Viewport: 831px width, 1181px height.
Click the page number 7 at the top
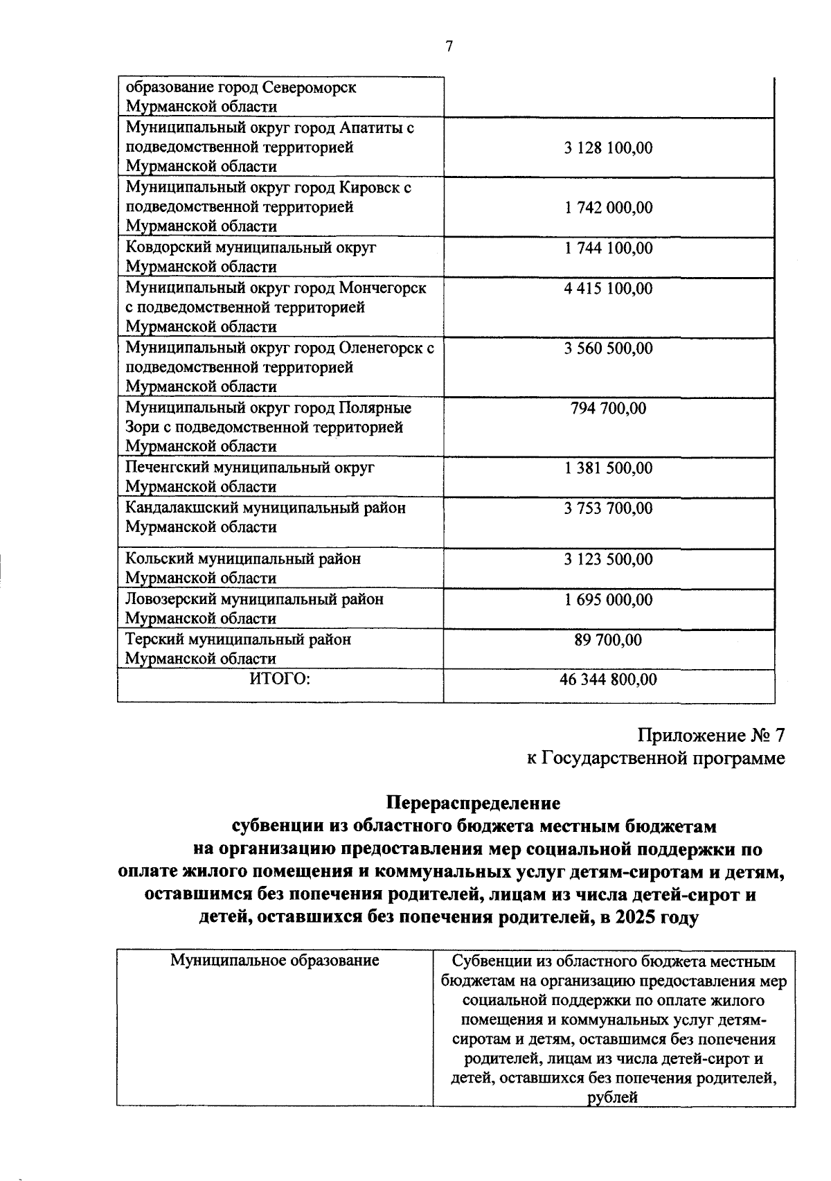pyautogui.click(x=449, y=46)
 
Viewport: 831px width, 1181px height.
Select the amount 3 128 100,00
pyautogui.click(x=608, y=148)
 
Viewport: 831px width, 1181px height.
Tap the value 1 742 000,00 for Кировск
pyautogui.click(x=608, y=208)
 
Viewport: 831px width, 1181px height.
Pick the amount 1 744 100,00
pyautogui.click(x=608, y=248)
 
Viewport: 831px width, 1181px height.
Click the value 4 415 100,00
pyautogui.click(x=608, y=288)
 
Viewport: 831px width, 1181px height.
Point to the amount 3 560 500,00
pyautogui.click(x=608, y=348)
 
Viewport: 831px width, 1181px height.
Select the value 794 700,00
pyautogui.click(x=608, y=409)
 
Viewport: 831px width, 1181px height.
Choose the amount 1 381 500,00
pyautogui.click(x=608, y=468)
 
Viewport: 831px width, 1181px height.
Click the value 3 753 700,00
pyautogui.click(x=608, y=508)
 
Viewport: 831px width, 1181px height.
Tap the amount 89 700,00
pyautogui.click(x=608, y=640)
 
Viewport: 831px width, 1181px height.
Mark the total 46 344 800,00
pyautogui.click(x=608, y=680)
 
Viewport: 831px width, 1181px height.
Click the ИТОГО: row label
pyautogui.click(x=280, y=680)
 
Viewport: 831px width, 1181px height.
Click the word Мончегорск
pyautogui.click(x=383, y=287)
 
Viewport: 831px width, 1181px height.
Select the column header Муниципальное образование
pyautogui.click(x=275, y=961)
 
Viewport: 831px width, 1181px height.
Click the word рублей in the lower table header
pyautogui.click(x=612, y=1097)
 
